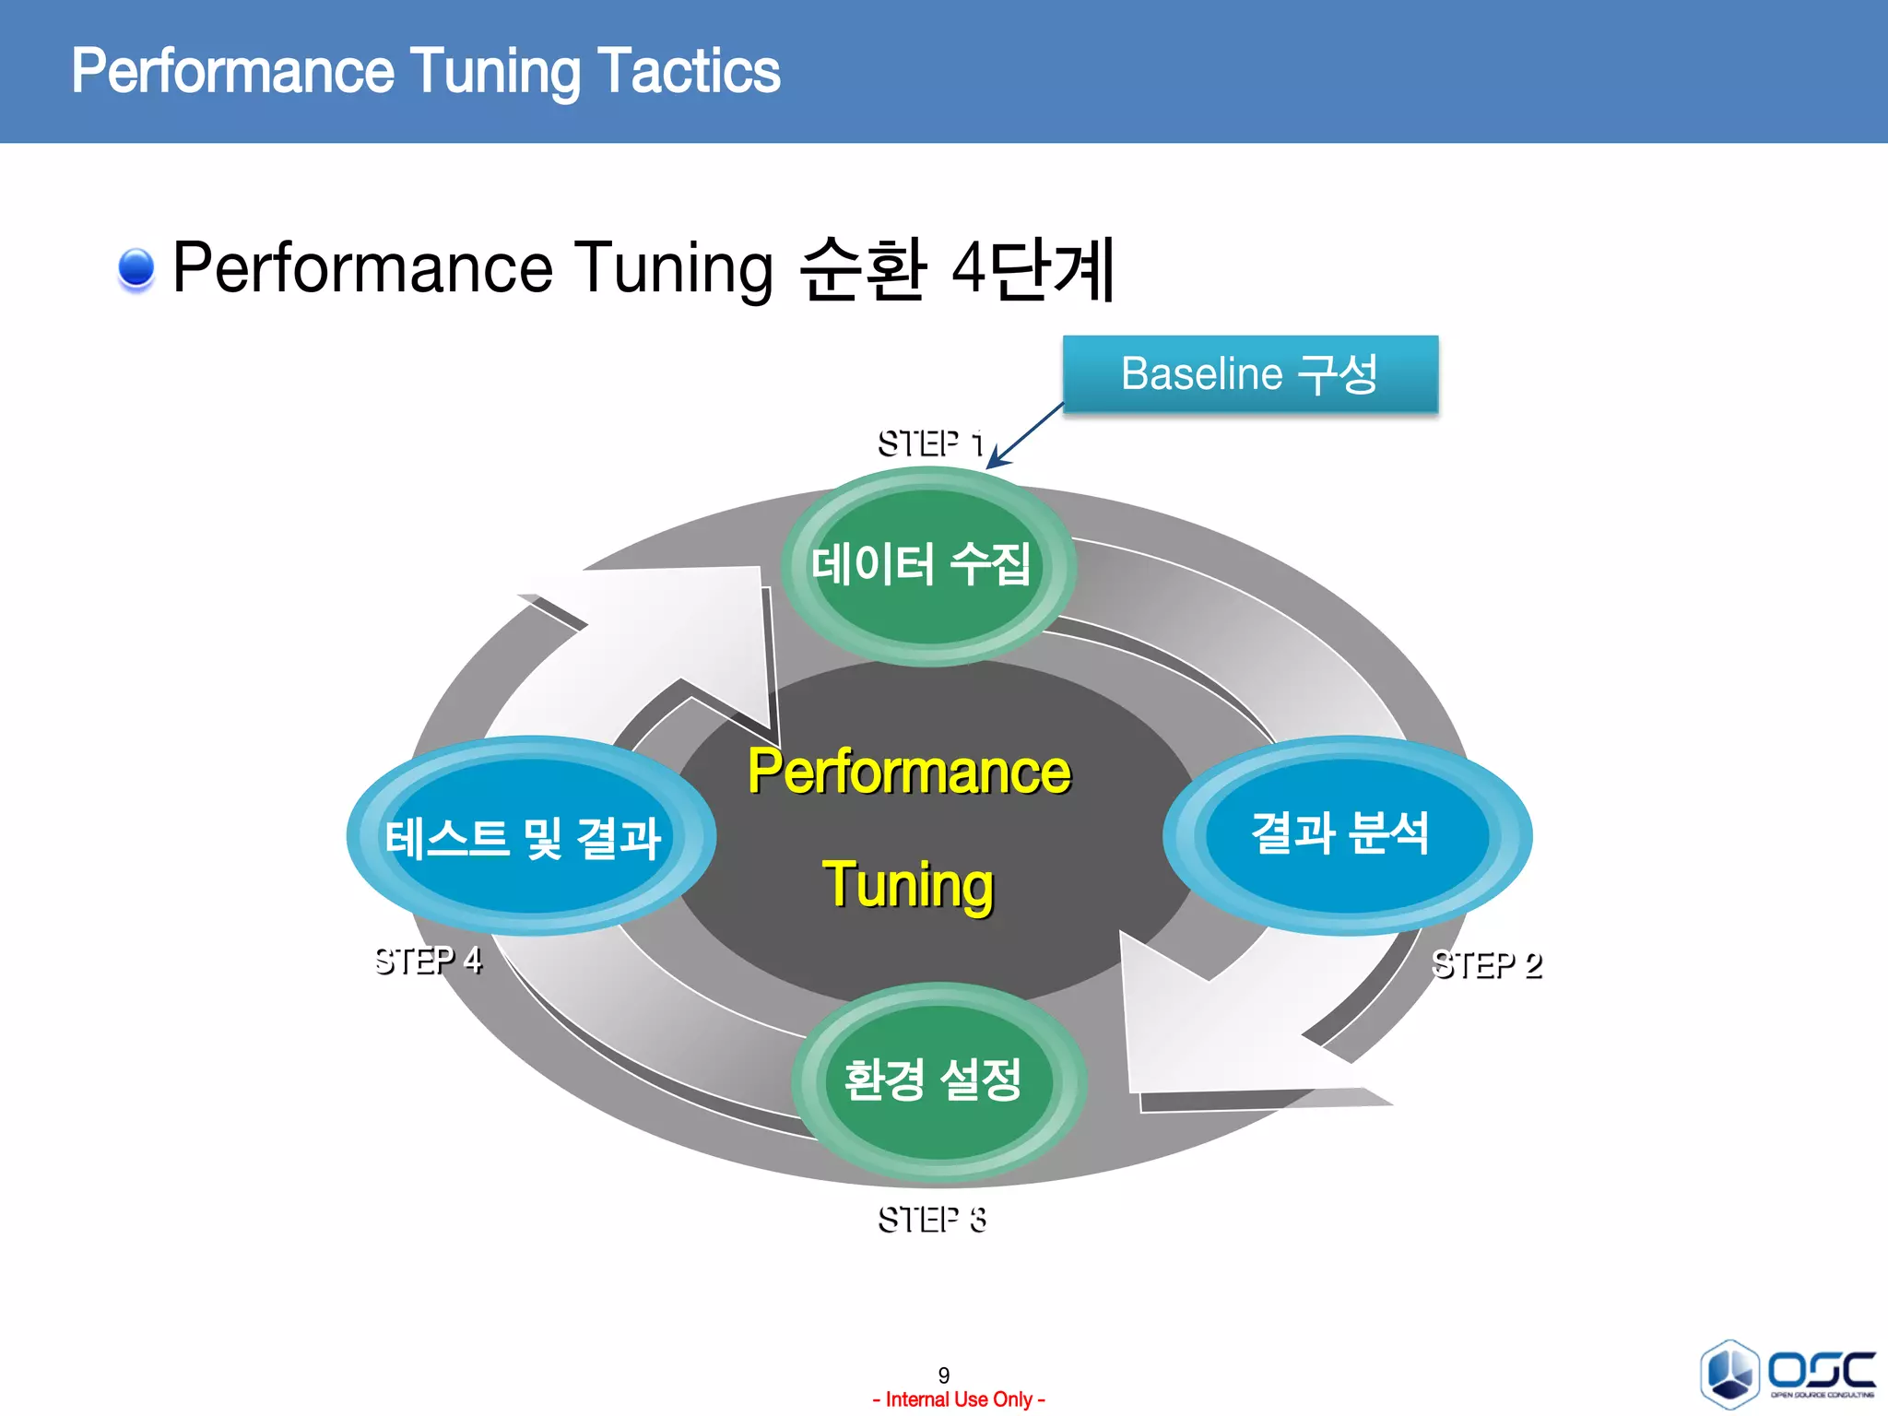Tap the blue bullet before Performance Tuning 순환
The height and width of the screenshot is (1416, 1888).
click(x=136, y=268)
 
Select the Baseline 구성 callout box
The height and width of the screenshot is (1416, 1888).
click(x=1250, y=374)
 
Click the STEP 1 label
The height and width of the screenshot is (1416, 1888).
click(x=929, y=444)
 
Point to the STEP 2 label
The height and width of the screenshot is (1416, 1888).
click(x=1486, y=965)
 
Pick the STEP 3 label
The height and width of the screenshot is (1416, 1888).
click(x=931, y=1220)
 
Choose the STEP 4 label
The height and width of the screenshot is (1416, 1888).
click(x=428, y=961)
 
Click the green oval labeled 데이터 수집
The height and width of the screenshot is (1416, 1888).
click(x=927, y=565)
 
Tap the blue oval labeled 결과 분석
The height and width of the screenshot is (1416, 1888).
click(x=1346, y=834)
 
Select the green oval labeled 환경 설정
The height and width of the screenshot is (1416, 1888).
click(x=937, y=1081)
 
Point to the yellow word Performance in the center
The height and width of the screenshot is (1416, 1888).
click(x=909, y=772)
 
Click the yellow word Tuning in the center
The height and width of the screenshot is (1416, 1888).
click(x=908, y=883)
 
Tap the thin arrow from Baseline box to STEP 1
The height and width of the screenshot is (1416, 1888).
click(x=1025, y=436)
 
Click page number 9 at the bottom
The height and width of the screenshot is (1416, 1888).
click(x=943, y=1375)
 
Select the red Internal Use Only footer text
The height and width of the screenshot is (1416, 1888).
click(x=958, y=1399)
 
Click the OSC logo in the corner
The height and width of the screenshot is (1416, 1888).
click(x=1788, y=1374)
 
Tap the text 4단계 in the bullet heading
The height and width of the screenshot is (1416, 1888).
click(x=1033, y=268)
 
